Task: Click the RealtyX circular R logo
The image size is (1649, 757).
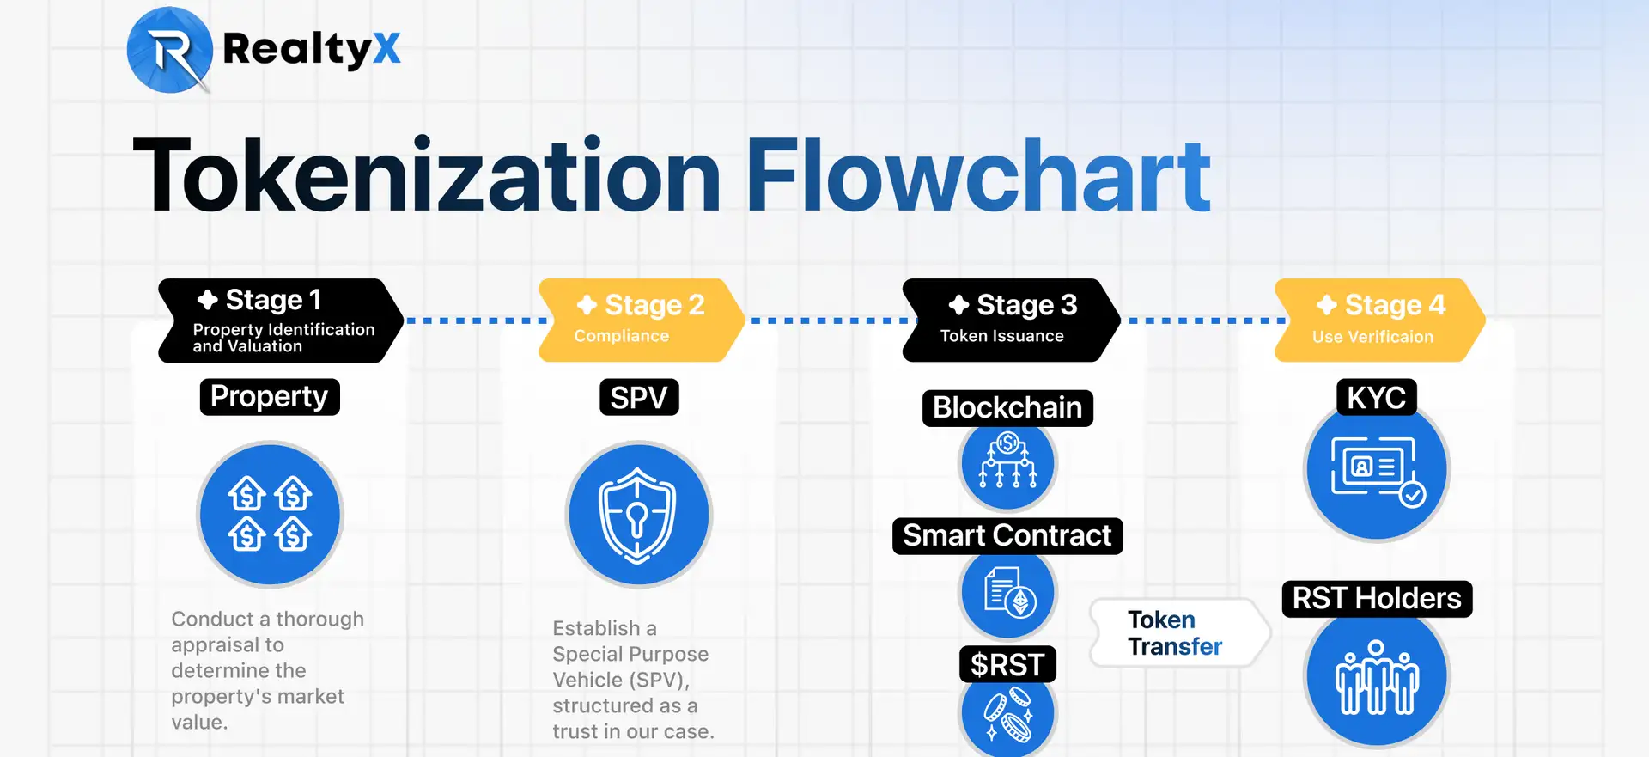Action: (170, 49)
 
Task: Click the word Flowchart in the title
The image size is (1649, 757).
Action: (978, 175)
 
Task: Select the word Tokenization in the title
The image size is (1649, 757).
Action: (427, 175)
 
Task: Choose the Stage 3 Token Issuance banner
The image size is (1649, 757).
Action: (1011, 321)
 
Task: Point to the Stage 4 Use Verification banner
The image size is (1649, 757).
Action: (1379, 321)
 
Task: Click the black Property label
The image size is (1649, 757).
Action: (270, 397)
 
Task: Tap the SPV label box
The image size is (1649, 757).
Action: (639, 397)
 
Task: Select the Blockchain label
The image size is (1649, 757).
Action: (1007, 408)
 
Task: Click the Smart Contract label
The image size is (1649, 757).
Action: (1007, 536)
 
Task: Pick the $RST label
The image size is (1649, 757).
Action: (1007, 664)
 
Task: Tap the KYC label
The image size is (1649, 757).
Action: (1377, 398)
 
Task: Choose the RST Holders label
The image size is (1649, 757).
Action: (1377, 599)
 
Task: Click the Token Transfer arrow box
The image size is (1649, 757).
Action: (1180, 633)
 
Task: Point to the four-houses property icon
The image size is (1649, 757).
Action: (270, 514)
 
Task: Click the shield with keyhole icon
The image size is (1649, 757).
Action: (639, 514)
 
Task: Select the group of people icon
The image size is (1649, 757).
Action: (1377, 677)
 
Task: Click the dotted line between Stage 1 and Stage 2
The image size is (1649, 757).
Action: (476, 321)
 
